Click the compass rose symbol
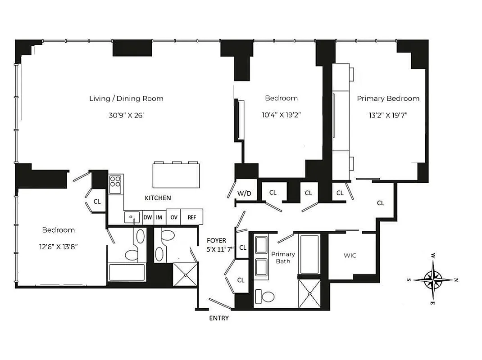[x=433, y=280]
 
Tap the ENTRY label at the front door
[x=219, y=318]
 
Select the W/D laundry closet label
[x=244, y=193]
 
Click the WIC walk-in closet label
[x=350, y=256]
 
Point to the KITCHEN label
[x=158, y=198]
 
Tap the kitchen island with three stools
[x=176, y=175]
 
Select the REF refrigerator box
[x=192, y=217]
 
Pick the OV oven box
[x=173, y=217]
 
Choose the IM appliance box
[x=159, y=217]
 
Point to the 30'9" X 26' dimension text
[x=126, y=115]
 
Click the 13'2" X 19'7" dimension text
[x=388, y=115]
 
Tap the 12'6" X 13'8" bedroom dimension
[x=59, y=247]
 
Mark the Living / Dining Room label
[x=126, y=99]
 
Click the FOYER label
[x=216, y=241]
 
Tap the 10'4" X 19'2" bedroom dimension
[x=281, y=115]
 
